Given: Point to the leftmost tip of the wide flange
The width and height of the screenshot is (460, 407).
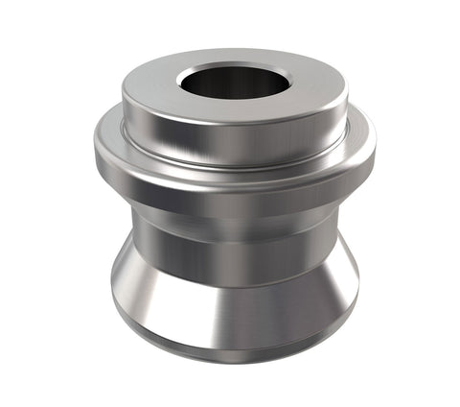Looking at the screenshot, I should [x=92, y=144].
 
